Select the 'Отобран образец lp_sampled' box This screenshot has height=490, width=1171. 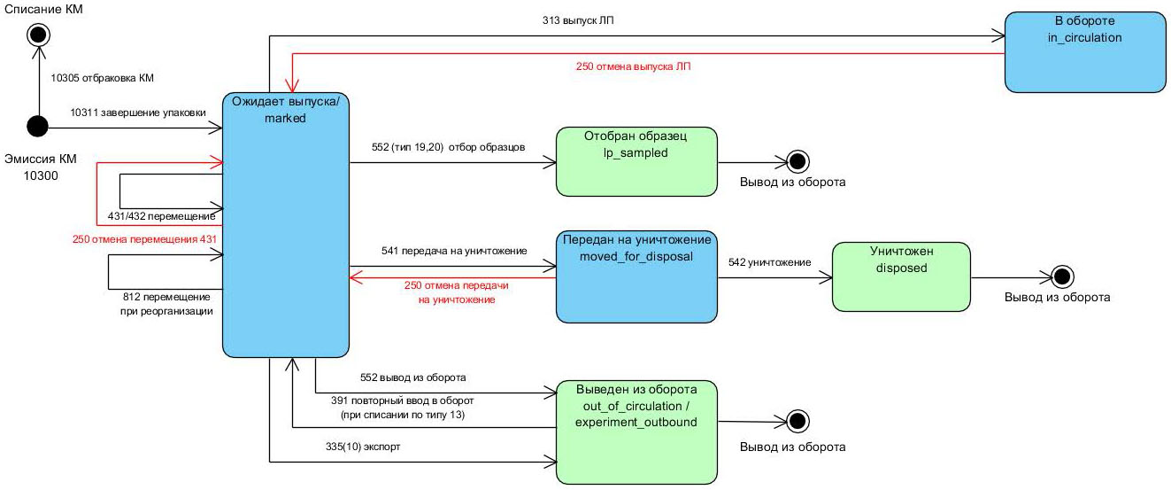tap(636, 160)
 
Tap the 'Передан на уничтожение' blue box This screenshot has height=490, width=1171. tap(635, 276)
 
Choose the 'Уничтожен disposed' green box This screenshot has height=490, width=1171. tap(901, 276)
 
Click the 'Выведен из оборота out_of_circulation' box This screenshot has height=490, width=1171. tap(636, 432)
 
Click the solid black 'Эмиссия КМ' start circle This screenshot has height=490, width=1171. tap(37, 128)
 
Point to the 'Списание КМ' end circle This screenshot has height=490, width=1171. tap(37, 35)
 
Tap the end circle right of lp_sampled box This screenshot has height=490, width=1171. tap(797, 161)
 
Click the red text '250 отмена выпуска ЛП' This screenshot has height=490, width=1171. tap(634, 66)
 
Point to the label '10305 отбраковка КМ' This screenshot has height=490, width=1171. tap(103, 78)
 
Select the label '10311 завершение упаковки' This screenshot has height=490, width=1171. tap(138, 113)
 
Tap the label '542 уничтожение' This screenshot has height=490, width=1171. tap(769, 262)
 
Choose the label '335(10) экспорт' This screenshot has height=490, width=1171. tap(363, 447)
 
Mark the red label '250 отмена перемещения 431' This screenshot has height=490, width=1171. tap(144, 238)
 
